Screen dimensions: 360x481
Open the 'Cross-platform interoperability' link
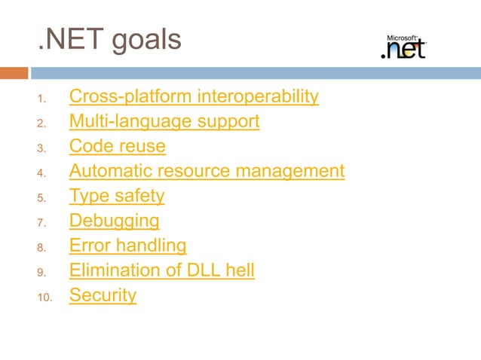coord(194,97)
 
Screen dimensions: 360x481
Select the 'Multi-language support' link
coord(164,121)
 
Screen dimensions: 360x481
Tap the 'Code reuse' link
coord(117,146)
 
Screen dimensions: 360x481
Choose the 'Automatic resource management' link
coord(207,171)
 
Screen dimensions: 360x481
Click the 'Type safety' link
coord(117,196)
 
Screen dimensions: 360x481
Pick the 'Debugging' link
coord(115,221)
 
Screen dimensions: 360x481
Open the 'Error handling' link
coord(127,246)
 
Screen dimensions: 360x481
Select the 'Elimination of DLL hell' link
coord(161,270)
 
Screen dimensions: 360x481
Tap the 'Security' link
coord(103,295)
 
